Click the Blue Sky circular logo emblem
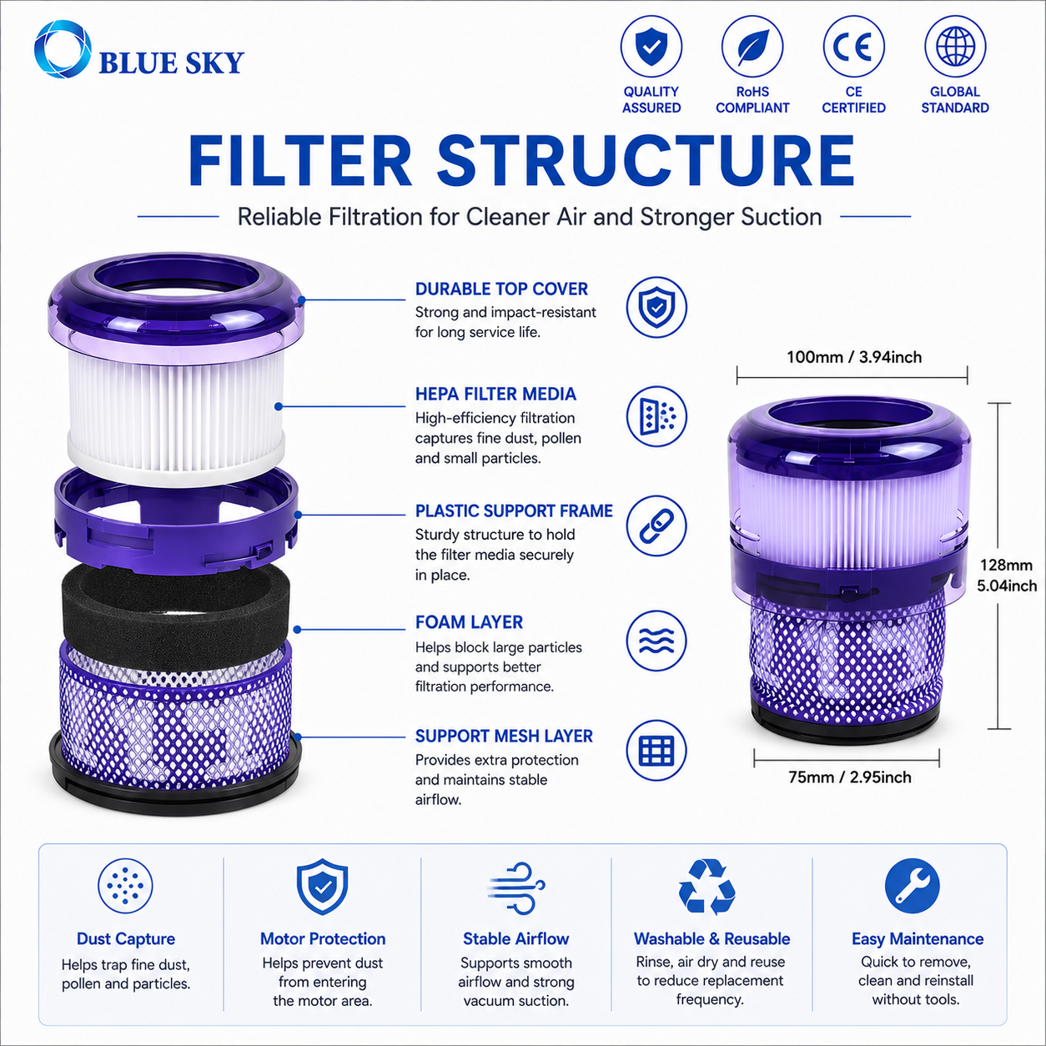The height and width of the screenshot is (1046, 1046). pyautogui.click(x=63, y=49)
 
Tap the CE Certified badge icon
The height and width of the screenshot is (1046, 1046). pyautogui.click(x=853, y=47)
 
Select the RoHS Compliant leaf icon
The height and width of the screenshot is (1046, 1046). pyautogui.click(x=752, y=47)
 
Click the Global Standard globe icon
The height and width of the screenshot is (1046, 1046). pyautogui.click(x=955, y=47)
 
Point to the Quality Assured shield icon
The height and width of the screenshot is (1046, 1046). pyautogui.click(x=651, y=47)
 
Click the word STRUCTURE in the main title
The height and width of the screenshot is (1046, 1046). pyautogui.click(x=646, y=161)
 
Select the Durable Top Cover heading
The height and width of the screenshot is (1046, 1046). pyautogui.click(x=501, y=289)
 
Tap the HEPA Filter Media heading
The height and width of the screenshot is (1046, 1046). pyautogui.click(x=495, y=394)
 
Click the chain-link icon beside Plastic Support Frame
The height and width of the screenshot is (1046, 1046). pyautogui.click(x=656, y=526)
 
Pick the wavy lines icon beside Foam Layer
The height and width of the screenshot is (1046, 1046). pyautogui.click(x=656, y=641)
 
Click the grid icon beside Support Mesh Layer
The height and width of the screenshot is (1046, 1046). pyautogui.click(x=656, y=751)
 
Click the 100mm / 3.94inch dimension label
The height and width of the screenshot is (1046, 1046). pyautogui.click(x=854, y=357)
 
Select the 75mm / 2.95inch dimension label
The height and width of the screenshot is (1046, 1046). pyautogui.click(x=849, y=777)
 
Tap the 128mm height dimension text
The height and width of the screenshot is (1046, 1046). pyautogui.click(x=1006, y=565)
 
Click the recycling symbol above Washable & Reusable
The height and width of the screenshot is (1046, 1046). pyautogui.click(x=707, y=887)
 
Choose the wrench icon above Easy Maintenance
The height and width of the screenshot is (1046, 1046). pyautogui.click(x=912, y=886)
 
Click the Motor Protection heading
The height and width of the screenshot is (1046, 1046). pyautogui.click(x=323, y=938)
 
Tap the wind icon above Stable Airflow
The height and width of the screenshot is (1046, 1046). pyautogui.click(x=515, y=888)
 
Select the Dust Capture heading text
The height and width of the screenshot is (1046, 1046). pyautogui.click(x=126, y=939)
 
